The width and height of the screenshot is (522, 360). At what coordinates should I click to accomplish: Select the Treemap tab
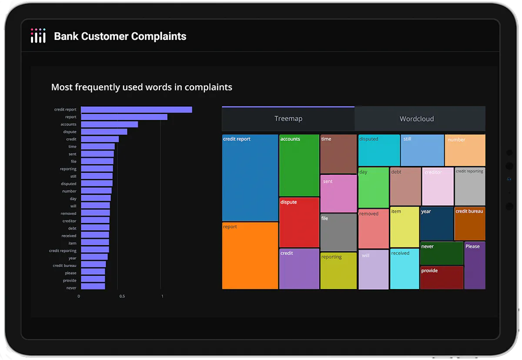(288, 119)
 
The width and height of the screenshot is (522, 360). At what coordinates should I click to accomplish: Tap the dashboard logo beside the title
(38, 36)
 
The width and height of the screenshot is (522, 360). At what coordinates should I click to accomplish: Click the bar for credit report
(137, 110)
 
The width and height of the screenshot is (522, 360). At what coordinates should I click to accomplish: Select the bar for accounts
(110, 124)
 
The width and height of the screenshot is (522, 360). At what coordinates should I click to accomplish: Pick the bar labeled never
(93, 286)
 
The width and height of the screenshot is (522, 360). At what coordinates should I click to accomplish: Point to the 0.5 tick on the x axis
(122, 296)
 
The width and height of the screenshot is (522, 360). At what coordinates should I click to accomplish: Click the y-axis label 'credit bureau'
(64, 266)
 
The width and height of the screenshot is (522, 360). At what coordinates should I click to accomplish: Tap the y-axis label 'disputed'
(69, 184)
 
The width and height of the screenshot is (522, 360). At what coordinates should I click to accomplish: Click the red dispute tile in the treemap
(299, 222)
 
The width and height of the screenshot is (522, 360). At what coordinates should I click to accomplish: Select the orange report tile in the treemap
(250, 256)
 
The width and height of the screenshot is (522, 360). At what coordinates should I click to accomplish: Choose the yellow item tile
(405, 227)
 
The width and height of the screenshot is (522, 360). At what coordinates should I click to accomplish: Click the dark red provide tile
(442, 277)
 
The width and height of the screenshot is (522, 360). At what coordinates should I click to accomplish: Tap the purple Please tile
(475, 266)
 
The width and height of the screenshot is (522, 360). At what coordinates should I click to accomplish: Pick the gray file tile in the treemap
(338, 232)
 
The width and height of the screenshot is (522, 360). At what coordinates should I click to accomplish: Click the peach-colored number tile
(465, 150)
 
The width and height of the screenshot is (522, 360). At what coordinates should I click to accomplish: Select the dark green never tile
(442, 253)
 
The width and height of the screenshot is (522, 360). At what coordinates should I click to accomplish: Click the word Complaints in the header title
(159, 37)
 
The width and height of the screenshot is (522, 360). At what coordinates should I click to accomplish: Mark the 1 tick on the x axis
(162, 296)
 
